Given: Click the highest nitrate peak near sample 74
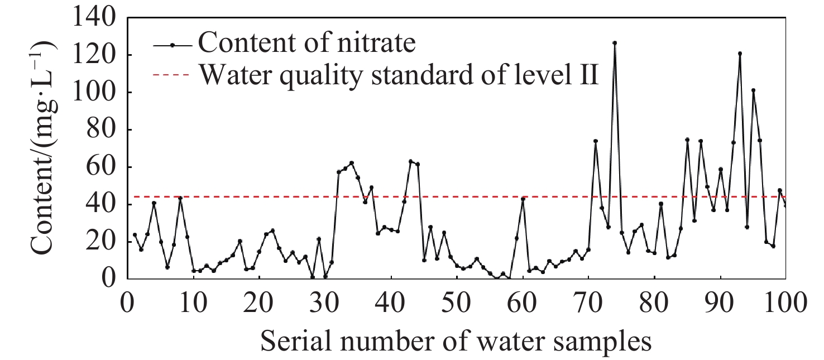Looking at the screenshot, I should pos(615,43).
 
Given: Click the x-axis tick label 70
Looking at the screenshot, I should pos(588,305).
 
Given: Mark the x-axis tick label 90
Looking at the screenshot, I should pos(720,305).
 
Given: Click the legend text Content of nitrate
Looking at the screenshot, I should pos(307,43).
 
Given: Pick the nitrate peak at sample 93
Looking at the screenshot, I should pos(740,54).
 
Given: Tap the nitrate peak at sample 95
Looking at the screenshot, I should pos(753,90).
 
